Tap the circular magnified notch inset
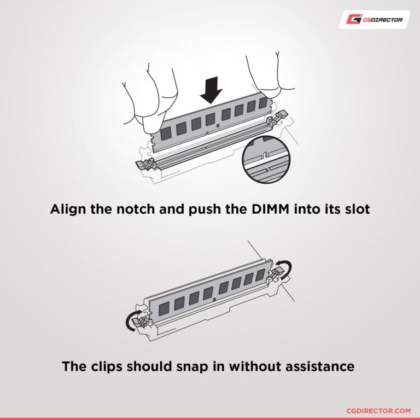(266, 159)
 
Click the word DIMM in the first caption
(271, 209)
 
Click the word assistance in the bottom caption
(320, 366)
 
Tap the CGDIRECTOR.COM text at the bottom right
(378, 411)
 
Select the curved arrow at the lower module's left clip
(132, 320)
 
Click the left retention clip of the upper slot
(146, 164)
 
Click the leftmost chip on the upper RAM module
(166, 133)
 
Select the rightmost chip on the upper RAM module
(263, 103)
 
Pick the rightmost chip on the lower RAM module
(261, 275)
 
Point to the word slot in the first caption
(357, 209)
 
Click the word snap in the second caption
(192, 366)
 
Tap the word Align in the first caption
(68, 209)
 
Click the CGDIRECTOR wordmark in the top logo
(383, 20)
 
